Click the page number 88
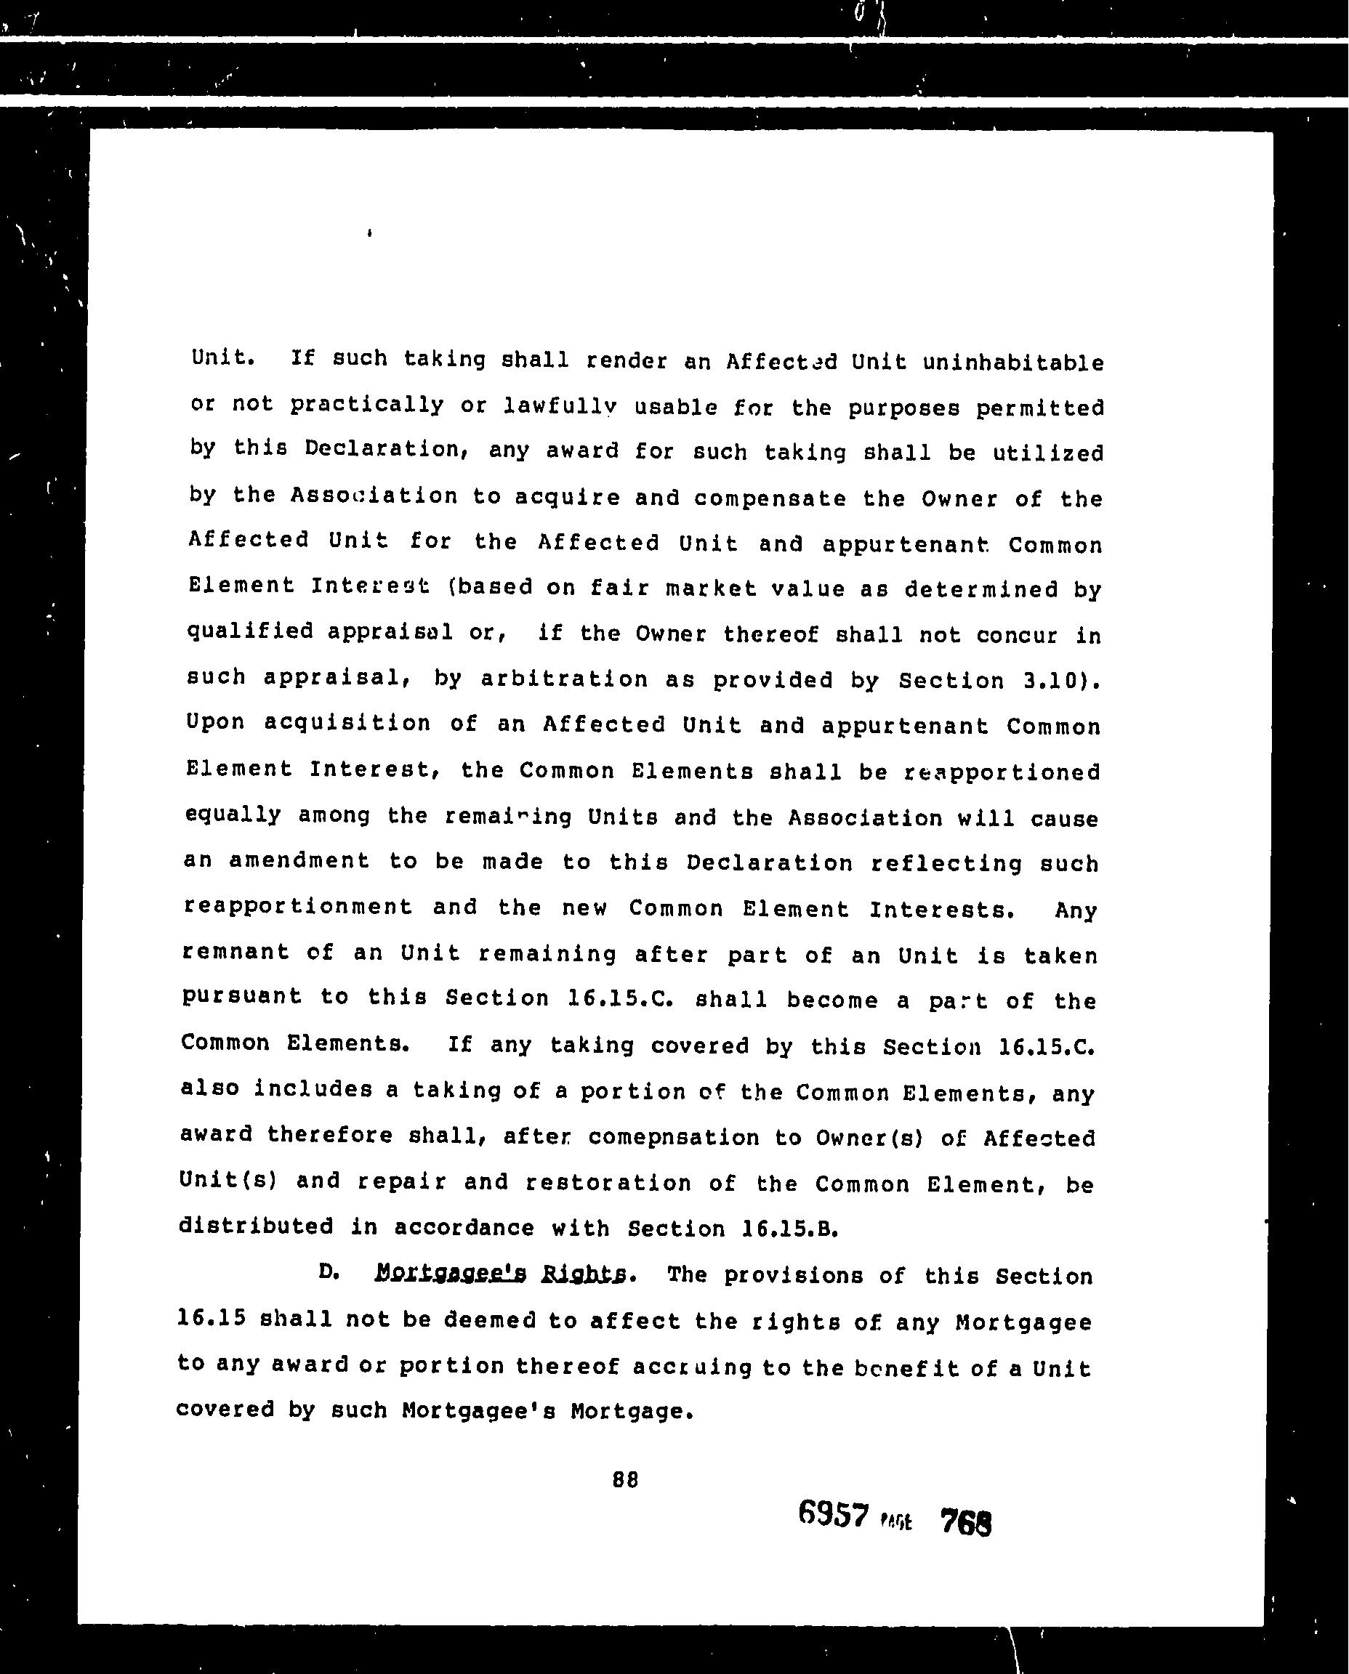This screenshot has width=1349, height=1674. (625, 1480)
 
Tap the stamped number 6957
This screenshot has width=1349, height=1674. (832, 1514)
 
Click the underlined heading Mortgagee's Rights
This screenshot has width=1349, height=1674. (501, 1274)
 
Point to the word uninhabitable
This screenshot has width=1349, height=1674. (1013, 363)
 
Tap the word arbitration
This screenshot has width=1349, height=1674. (563, 679)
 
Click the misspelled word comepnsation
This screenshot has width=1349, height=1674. (674, 1137)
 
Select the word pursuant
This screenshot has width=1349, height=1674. (241, 996)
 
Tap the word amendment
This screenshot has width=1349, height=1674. (299, 861)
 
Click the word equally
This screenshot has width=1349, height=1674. (233, 815)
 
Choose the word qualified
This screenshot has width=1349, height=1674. (249, 631)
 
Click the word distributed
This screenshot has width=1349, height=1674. (256, 1226)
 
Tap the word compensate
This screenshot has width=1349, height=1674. (769, 497)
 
